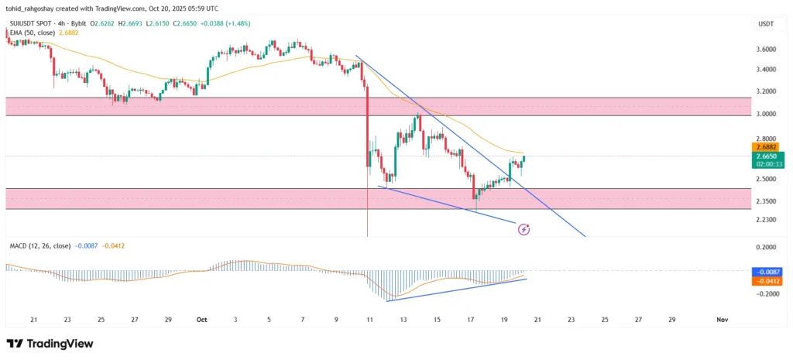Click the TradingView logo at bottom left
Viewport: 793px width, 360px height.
click(x=50, y=343)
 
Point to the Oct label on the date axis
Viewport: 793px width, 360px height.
click(x=202, y=319)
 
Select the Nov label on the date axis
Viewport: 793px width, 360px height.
click(x=722, y=319)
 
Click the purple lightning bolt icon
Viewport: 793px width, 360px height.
click(x=524, y=229)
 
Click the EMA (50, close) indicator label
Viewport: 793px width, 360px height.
click(x=32, y=33)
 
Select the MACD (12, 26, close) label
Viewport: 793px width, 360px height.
click(x=38, y=246)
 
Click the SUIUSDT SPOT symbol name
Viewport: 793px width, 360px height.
click(x=31, y=25)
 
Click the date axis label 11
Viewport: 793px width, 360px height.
click(x=369, y=319)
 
